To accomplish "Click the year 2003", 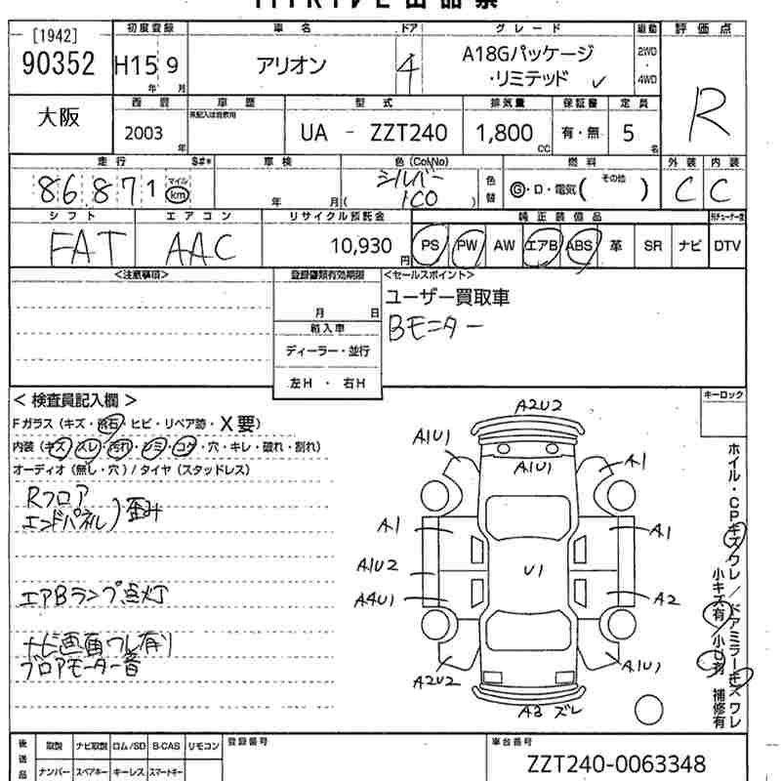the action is (144, 133).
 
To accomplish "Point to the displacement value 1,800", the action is (504, 132).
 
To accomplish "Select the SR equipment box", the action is (652, 246).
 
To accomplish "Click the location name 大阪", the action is (59, 118).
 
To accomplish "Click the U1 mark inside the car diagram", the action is (533, 569).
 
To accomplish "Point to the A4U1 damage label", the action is (374, 598).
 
